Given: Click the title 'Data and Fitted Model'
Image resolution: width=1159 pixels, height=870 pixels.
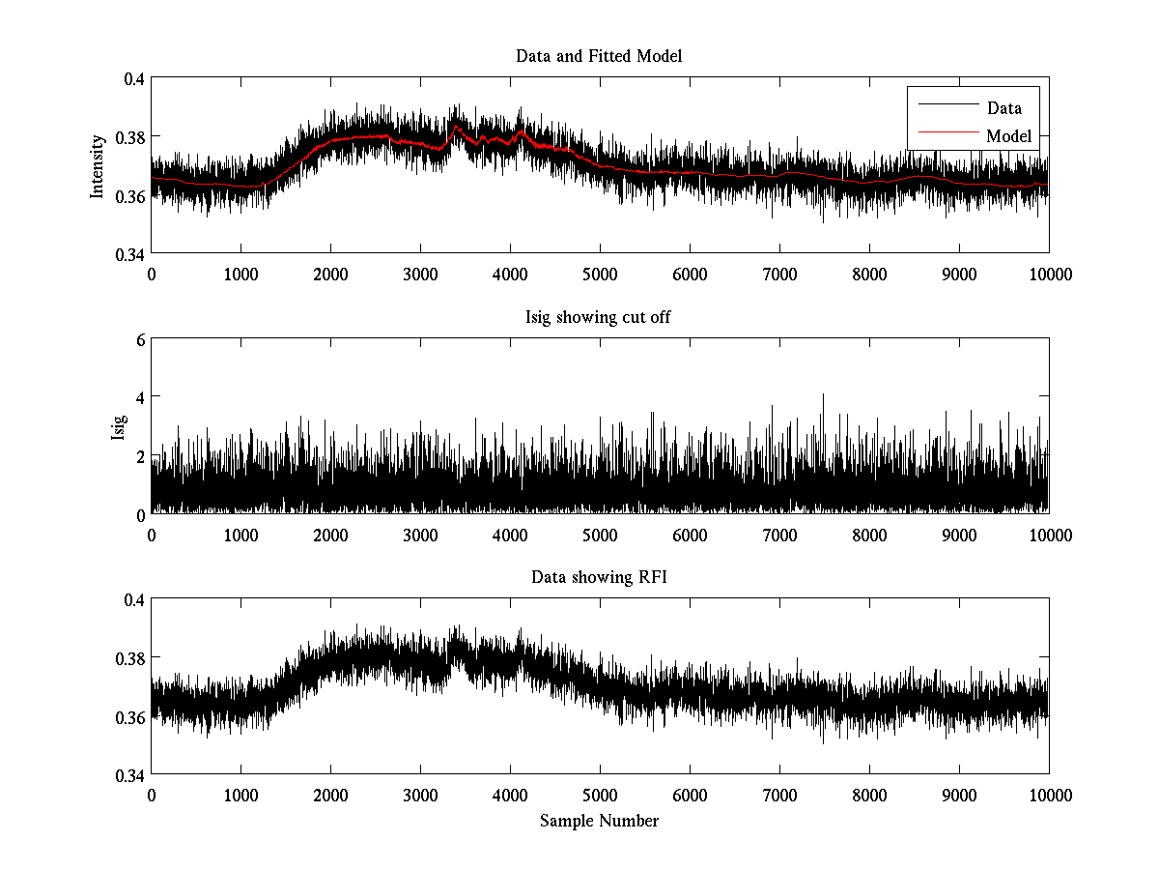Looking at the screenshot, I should coord(599,56).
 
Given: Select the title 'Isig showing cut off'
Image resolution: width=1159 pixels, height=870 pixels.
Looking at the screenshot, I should coord(599,317).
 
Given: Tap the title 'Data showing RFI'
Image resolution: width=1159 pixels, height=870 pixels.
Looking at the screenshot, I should coord(599,577).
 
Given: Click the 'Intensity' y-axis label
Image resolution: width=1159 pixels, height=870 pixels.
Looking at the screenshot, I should coord(97,166).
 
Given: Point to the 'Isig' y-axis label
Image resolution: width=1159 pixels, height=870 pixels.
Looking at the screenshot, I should coord(118,426).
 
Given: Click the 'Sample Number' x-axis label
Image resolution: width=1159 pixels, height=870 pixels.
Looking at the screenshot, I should coord(599,821).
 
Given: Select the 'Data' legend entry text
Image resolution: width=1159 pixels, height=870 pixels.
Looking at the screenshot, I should coord(1004,108).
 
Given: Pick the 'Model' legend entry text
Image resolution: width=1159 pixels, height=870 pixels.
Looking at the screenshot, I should coord(1008,136).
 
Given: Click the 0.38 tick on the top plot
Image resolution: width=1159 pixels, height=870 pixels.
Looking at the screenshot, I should coord(129,137).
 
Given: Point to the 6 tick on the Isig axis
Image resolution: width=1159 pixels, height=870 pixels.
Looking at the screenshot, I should coord(140,339).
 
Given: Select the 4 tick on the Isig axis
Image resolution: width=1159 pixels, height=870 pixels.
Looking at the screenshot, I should coord(140,397).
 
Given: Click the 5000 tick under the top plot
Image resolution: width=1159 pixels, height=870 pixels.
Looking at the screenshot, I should coord(600,275).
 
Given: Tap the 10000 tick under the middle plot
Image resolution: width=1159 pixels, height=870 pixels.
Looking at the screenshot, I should coord(1049,535).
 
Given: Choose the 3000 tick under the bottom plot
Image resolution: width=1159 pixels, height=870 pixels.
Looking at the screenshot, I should coord(420,795).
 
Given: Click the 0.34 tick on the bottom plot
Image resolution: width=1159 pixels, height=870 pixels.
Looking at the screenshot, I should coord(129,775).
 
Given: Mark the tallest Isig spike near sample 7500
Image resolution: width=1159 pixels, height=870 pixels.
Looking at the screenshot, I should coord(823,395).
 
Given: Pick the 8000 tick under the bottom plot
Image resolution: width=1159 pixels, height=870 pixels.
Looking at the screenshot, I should coord(869,795).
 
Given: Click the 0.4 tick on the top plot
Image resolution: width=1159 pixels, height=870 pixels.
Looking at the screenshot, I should coord(133,78).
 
